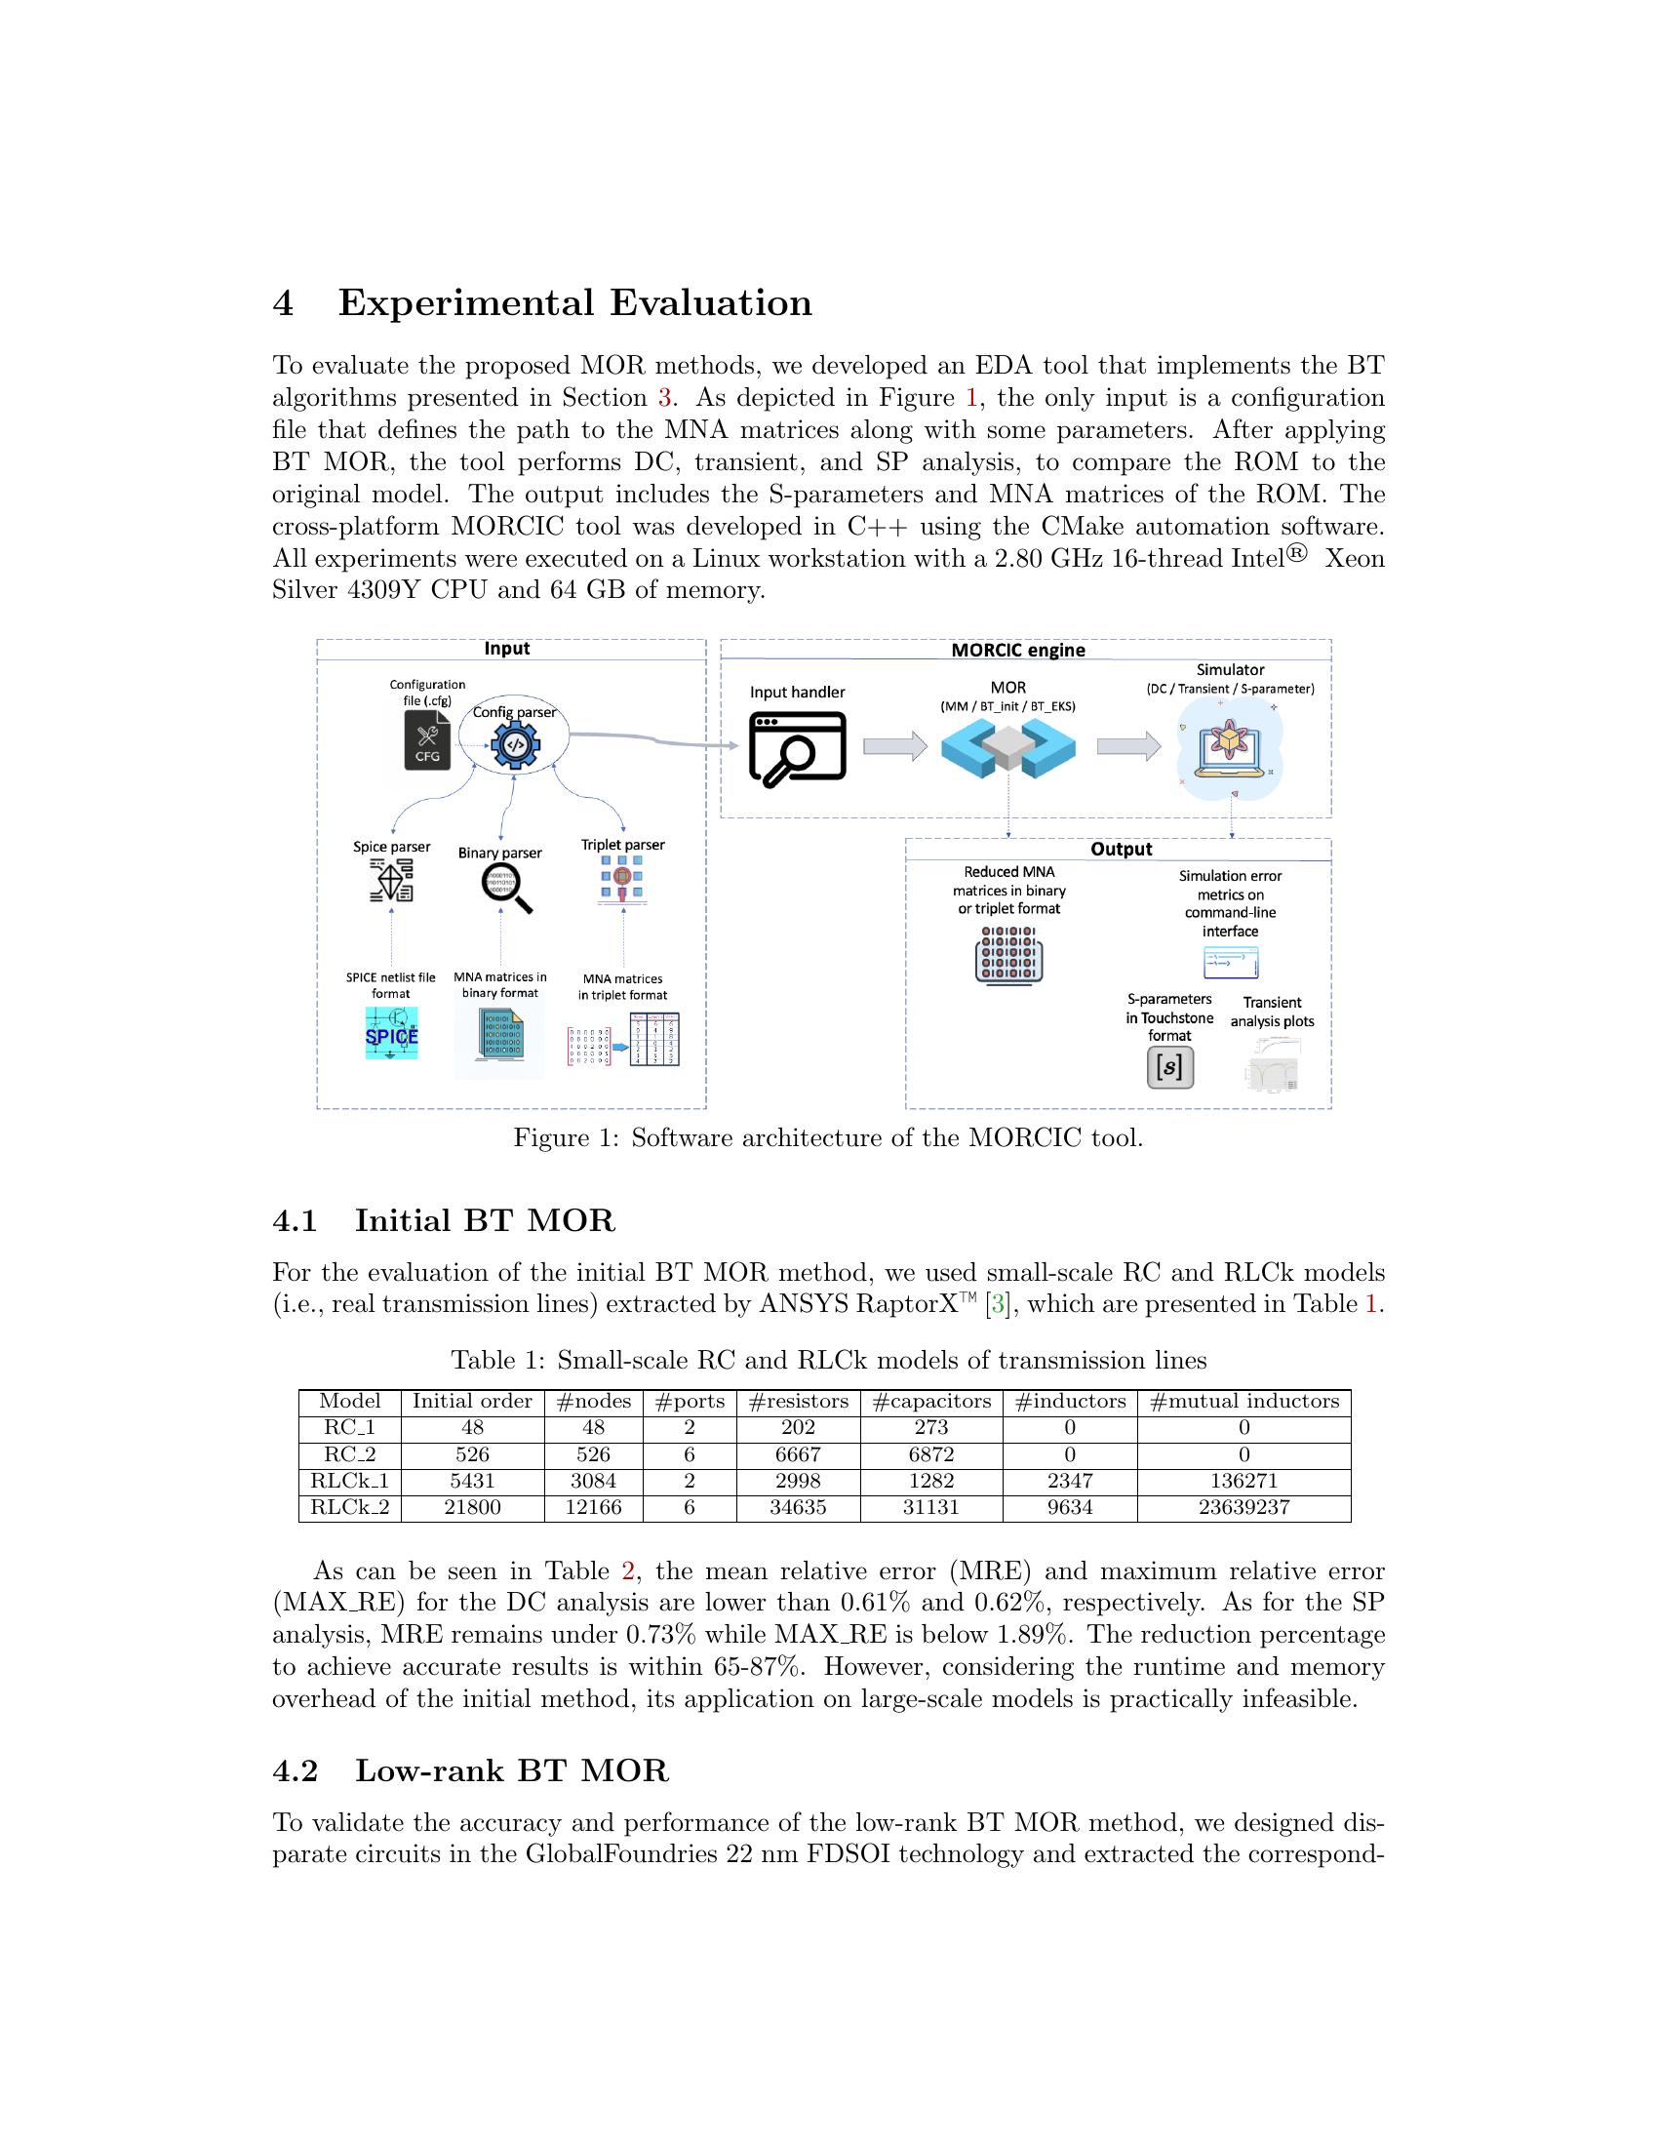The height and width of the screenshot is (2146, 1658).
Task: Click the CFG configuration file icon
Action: click(x=427, y=741)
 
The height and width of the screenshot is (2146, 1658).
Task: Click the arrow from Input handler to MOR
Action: click(x=894, y=747)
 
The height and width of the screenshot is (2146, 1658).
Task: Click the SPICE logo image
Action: click(x=391, y=1034)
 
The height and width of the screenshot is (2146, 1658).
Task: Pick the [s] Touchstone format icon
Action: click(x=1169, y=1067)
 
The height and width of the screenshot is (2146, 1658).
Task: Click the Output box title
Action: click(x=1121, y=849)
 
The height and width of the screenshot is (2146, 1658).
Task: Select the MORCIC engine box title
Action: click(x=1017, y=650)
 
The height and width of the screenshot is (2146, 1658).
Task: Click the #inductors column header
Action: click(x=1070, y=1401)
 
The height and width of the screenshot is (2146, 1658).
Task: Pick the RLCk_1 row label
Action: click(x=350, y=1481)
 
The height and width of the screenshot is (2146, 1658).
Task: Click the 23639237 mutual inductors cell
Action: click(x=1243, y=1507)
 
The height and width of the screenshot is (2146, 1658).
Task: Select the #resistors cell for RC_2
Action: click(x=798, y=1454)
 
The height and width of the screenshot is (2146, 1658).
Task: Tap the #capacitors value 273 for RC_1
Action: click(x=930, y=1428)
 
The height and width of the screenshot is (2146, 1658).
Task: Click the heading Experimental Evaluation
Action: click(x=574, y=302)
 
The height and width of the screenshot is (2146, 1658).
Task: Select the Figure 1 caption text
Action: click(x=828, y=1137)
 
